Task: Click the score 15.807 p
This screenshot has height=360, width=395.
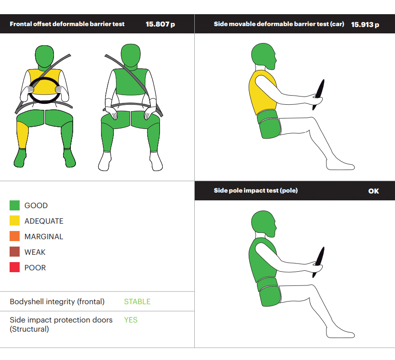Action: (160, 24)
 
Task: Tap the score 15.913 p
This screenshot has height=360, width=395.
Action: (365, 25)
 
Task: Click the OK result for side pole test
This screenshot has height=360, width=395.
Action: (374, 191)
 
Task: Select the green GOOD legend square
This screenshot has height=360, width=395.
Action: (15, 205)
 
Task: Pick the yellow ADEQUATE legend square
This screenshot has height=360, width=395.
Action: (15, 220)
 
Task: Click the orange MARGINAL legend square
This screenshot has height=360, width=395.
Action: (15, 236)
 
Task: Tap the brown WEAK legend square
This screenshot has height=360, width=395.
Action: (15, 252)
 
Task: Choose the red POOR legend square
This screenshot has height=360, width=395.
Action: (15, 267)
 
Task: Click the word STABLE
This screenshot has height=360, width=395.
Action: (137, 301)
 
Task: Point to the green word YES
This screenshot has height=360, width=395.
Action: (130, 320)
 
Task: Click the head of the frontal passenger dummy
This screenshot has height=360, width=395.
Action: (130, 55)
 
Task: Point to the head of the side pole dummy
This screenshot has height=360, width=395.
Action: (263, 224)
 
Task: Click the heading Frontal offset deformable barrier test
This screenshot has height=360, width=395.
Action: (67, 24)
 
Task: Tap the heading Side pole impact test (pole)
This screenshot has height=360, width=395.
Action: (256, 190)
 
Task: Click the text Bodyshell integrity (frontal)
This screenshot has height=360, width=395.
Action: (57, 301)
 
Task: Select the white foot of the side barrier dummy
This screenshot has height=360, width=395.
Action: (340, 166)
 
